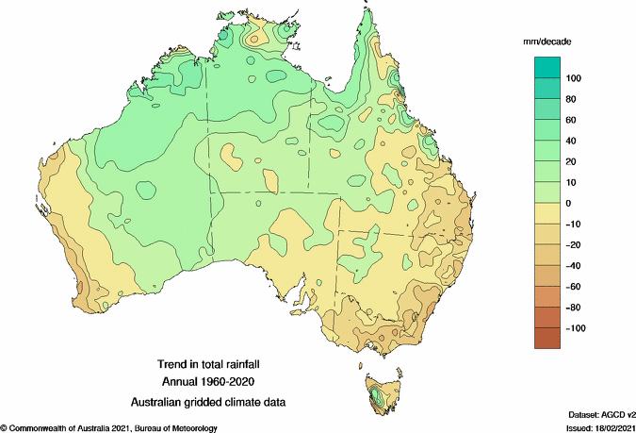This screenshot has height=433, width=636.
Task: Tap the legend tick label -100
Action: pyautogui.click(x=575, y=328)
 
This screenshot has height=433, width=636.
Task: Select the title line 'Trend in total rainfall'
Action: pyautogui.click(x=207, y=363)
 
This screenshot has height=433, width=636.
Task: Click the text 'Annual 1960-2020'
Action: pyautogui.click(x=207, y=382)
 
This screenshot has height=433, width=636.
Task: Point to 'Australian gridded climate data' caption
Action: pyautogui.click(x=207, y=402)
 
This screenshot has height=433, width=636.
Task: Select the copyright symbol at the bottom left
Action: pyautogui.click(x=4, y=427)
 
